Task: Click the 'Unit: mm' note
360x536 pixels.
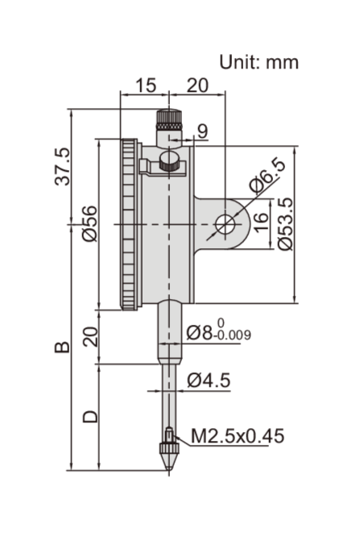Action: pos(259,62)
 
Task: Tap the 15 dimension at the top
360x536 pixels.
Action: pos(146,85)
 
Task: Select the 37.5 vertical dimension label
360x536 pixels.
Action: pos(62,167)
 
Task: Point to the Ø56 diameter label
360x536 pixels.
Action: pos(89,224)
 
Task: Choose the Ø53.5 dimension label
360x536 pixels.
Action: pos(285,224)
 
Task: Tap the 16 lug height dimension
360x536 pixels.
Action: pos(262,222)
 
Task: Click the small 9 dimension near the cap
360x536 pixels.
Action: pos(202,131)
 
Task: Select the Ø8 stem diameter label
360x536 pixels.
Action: pos(200,332)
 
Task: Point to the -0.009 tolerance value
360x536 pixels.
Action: pos(232,335)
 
